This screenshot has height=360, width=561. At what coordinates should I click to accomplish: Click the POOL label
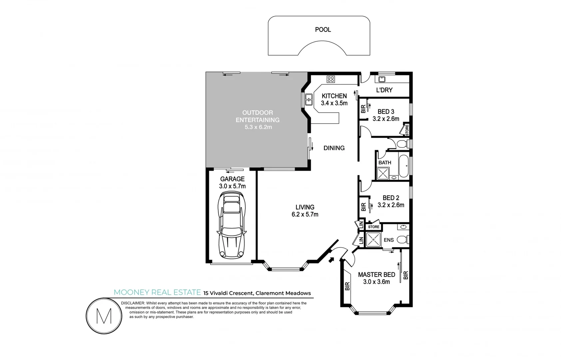point(323,30)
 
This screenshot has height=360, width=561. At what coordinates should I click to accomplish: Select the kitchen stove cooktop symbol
point(330,79)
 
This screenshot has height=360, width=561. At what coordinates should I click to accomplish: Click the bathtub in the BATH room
point(403,166)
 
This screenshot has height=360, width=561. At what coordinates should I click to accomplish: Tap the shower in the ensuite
point(373,240)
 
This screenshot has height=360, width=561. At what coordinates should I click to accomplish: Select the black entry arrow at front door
point(331,259)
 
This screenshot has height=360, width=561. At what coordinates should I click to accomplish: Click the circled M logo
point(104,316)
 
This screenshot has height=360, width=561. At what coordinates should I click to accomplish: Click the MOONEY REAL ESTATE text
point(157,292)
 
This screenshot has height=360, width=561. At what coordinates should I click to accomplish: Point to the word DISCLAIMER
point(133,303)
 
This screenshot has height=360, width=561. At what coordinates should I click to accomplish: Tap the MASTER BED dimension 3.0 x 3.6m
point(376,282)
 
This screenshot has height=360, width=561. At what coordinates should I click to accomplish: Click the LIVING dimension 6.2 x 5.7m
point(305,214)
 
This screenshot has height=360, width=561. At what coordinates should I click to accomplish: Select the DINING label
point(334,148)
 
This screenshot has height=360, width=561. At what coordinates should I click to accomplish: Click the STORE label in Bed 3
point(407,130)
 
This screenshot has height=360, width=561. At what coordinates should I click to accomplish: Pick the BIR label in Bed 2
point(363,207)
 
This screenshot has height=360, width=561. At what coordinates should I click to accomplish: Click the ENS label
point(388,240)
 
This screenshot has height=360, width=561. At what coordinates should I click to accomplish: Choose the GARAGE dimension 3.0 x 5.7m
point(232,186)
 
